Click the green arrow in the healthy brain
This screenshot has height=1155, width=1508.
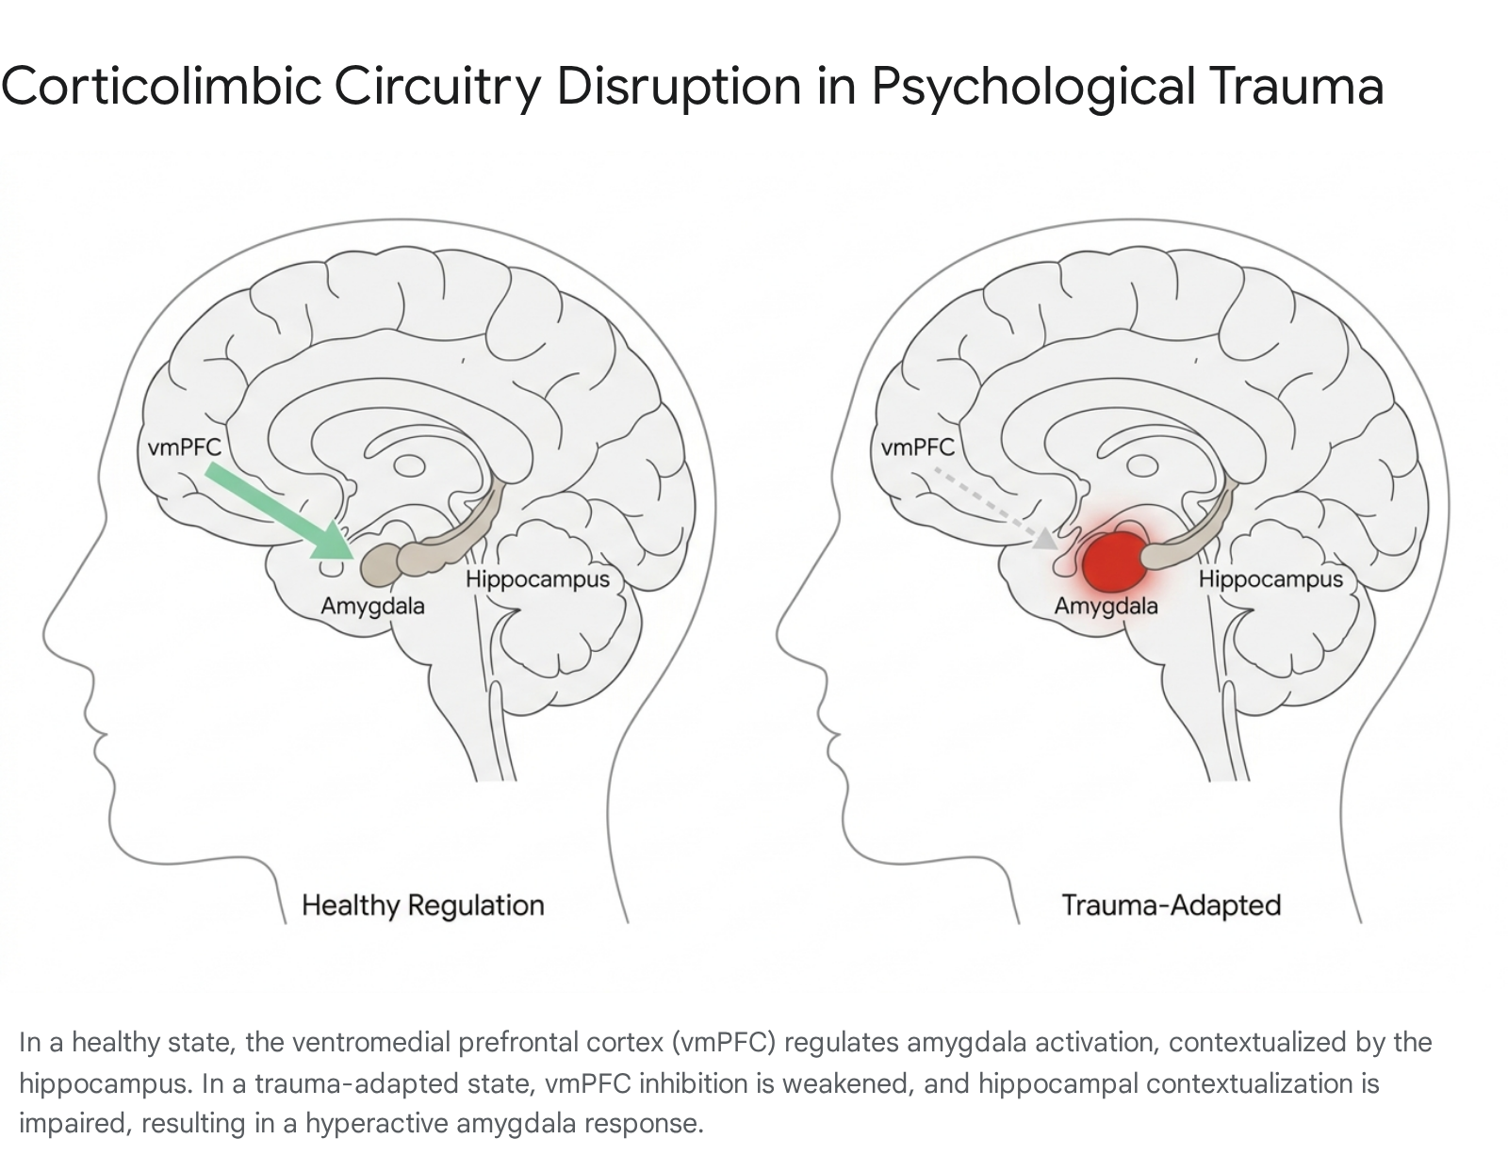pos(281,512)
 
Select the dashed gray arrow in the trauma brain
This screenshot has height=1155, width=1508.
pos(996,510)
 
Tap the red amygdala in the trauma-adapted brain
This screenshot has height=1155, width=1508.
pos(1115,561)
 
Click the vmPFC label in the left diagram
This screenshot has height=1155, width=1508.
pos(185,447)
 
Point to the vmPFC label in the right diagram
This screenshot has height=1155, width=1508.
pos(917,447)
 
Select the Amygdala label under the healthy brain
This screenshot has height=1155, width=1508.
pos(372,607)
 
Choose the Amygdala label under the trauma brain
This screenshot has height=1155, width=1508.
pos(1106,607)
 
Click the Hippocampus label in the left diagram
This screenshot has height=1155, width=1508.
pos(538,580)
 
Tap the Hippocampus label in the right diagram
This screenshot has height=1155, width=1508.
pos(1270,580)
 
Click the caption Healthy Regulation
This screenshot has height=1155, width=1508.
pos(423,906)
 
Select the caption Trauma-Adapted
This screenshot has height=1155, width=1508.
pos(1172,906)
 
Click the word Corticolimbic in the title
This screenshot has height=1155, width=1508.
pos(162,86)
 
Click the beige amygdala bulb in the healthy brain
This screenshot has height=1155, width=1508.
pos(379,565)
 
